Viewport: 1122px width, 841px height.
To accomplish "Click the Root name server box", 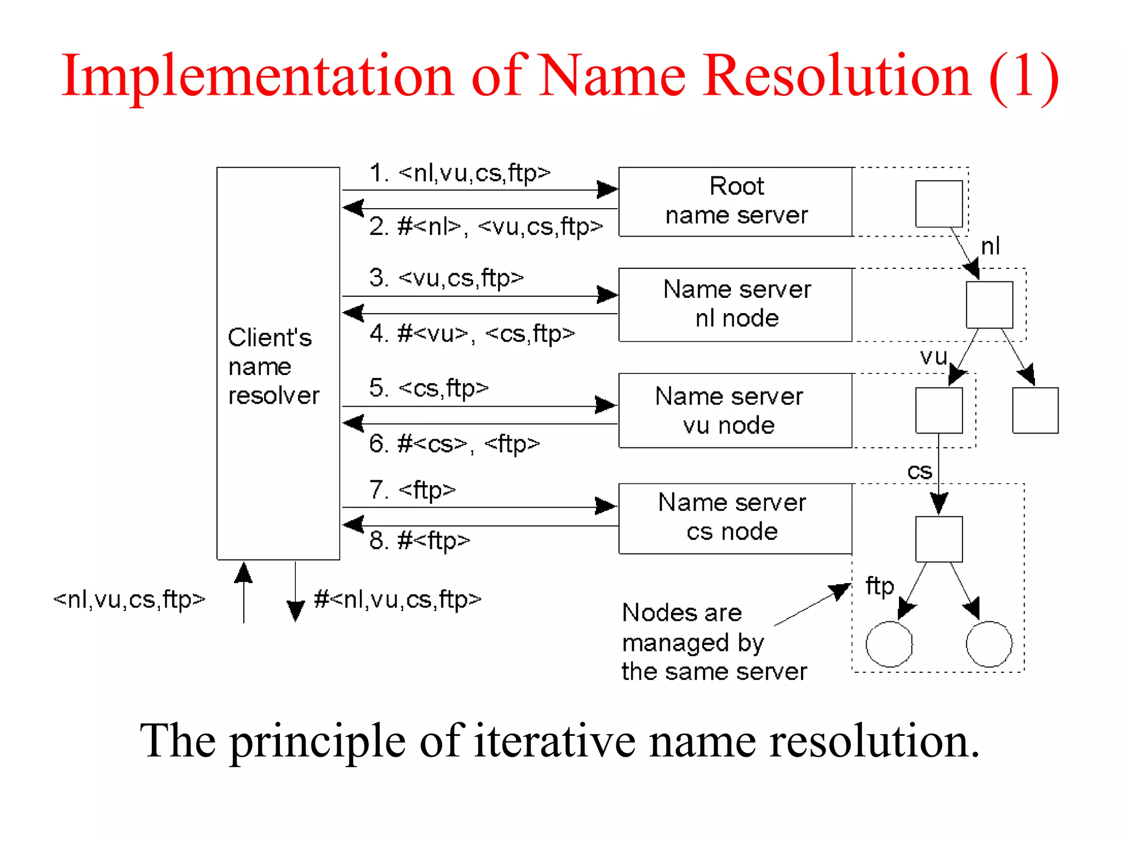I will pos(735,201).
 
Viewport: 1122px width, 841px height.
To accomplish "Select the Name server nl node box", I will pos(735,304).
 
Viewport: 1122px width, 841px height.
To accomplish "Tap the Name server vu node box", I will pos(735,411).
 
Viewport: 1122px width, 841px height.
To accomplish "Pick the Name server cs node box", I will pos(735,518).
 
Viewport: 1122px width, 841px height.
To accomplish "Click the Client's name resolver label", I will pos(273,366).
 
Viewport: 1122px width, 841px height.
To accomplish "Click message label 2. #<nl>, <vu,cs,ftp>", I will pos(485,227).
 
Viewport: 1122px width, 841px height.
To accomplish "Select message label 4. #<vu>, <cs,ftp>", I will pos(472,333).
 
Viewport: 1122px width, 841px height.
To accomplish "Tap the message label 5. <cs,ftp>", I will pos(428,388).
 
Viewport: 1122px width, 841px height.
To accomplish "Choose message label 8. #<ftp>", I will pos(420,540).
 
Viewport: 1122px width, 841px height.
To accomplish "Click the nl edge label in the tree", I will pos(990,246).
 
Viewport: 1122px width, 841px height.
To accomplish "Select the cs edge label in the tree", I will pos(919,471).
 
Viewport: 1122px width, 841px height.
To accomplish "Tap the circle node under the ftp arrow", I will pos(889,644).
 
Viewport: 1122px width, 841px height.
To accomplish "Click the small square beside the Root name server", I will pos(939,204).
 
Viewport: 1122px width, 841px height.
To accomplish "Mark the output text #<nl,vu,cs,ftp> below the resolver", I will pos(398,600).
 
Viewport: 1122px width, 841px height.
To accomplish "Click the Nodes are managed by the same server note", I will pos(713,642).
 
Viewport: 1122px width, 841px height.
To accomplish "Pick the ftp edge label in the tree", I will pos(879,586).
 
